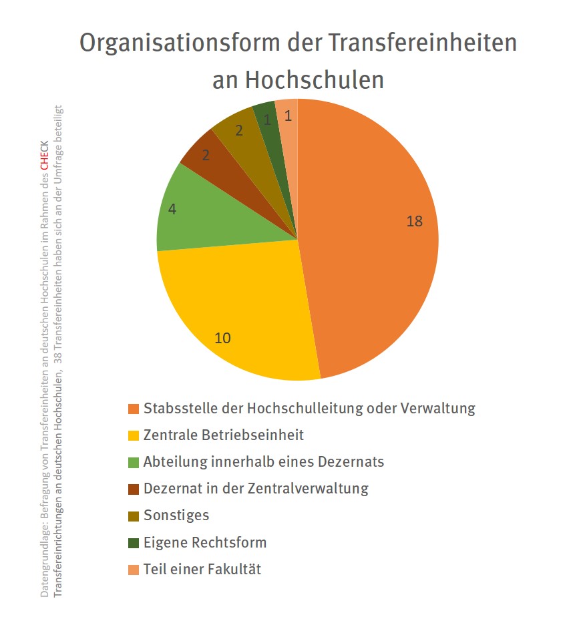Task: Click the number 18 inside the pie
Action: click(x=415, y=221)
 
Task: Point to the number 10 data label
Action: click(x=222, y=338)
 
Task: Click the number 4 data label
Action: click(x=172, y=209)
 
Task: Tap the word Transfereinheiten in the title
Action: click(x=422, y=43)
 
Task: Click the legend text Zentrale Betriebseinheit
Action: click(x=224, y=435)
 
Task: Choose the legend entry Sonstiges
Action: click(x=176, y=515)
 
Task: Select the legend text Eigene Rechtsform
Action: click(x=205, y=542)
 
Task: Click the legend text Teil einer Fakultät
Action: click(x=202, y=569)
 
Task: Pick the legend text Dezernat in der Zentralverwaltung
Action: click(x=256, y=488)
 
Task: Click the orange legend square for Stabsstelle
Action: click(x=134, y=409)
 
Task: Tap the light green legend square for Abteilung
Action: click(x=134, y=462)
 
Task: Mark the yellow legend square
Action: click(x=134, y=435)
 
